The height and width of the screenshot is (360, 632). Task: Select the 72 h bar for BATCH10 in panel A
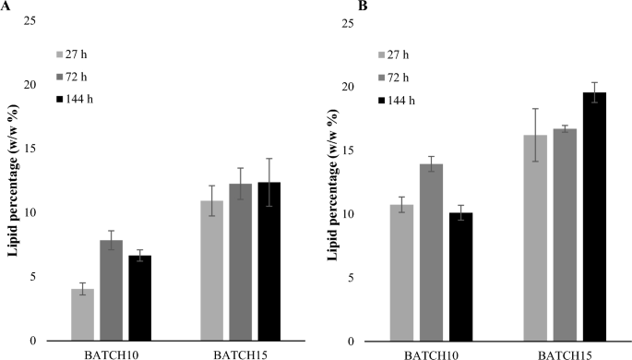pos(111,290)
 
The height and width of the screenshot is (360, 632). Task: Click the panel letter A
pos(6,6)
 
